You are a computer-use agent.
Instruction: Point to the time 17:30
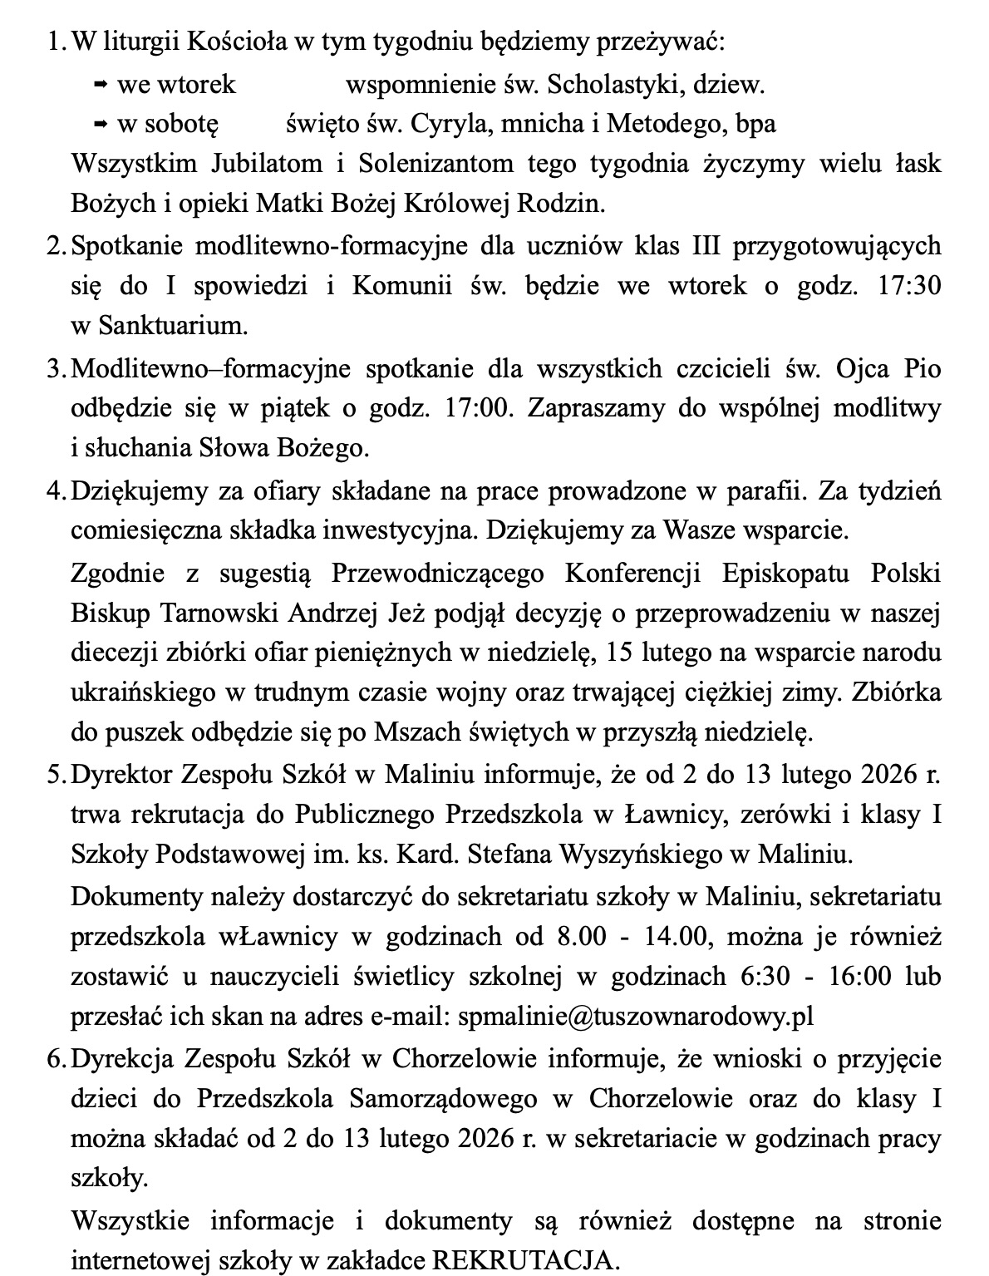(909, 285)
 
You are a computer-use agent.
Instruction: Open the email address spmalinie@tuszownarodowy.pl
(636, 1016)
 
